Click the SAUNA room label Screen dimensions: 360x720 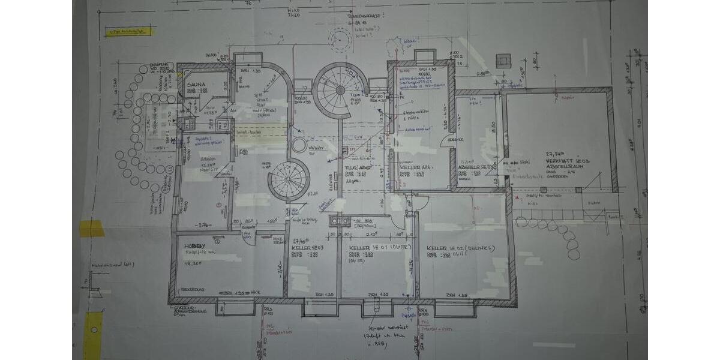click(x=196, y=85)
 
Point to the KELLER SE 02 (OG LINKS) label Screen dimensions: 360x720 click(x=460, y=248)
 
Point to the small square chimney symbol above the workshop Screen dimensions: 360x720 click(x=503, y=60)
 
